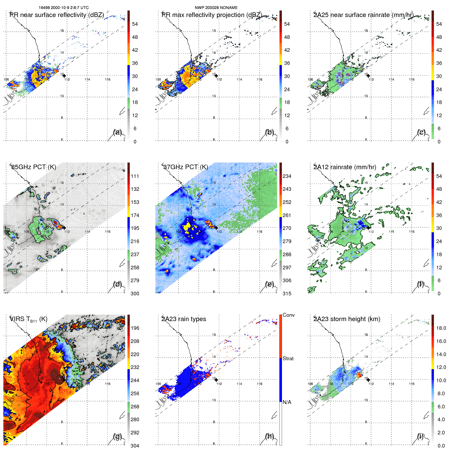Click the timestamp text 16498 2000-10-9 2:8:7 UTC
(64, 8)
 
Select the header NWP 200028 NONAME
(216, 8)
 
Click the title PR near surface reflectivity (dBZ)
(57, 15)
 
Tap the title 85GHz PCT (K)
(33, 167)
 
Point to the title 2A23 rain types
(184, 319)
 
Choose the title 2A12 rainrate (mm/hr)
(345, 167)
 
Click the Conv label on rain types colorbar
(289, 315)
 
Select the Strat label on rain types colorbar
(288, 358)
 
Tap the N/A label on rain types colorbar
(287, 402)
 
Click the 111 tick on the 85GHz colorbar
(135, 176)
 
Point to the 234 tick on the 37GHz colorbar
(287, 176)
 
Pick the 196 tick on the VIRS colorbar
(135, 328)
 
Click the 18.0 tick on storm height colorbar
(441, 328)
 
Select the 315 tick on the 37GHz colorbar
(287, 294)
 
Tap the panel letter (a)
(117, 132)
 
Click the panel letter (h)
(270, 436)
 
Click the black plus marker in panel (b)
(216, 76)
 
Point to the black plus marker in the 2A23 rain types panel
(216, 380)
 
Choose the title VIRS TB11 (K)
(28, 319)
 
